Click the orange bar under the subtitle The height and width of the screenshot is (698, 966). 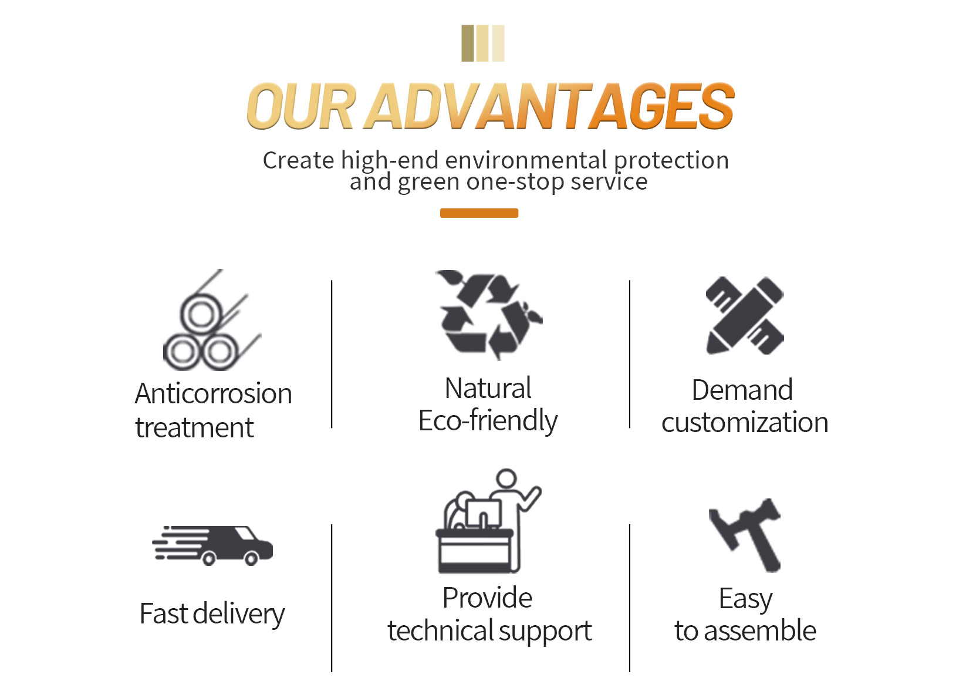(x=479, y=213)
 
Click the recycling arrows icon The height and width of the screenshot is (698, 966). (x=489, y=315)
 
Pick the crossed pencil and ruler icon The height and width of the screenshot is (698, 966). (x=745, y=316)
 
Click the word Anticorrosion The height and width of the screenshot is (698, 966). (x=213, y=393)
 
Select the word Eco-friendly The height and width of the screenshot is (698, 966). (x=488, y=421)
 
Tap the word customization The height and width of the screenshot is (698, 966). (x=745, y=423)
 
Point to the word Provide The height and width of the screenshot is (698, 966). (x=487, y=598)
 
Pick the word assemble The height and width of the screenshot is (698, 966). (x=760, y=631)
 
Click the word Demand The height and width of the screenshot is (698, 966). (x=742, y=390)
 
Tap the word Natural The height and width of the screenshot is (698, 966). (x=488, y=389)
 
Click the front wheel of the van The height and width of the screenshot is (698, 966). (x=251, y=558)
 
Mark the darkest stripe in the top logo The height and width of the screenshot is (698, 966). (x=468, y=43)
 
